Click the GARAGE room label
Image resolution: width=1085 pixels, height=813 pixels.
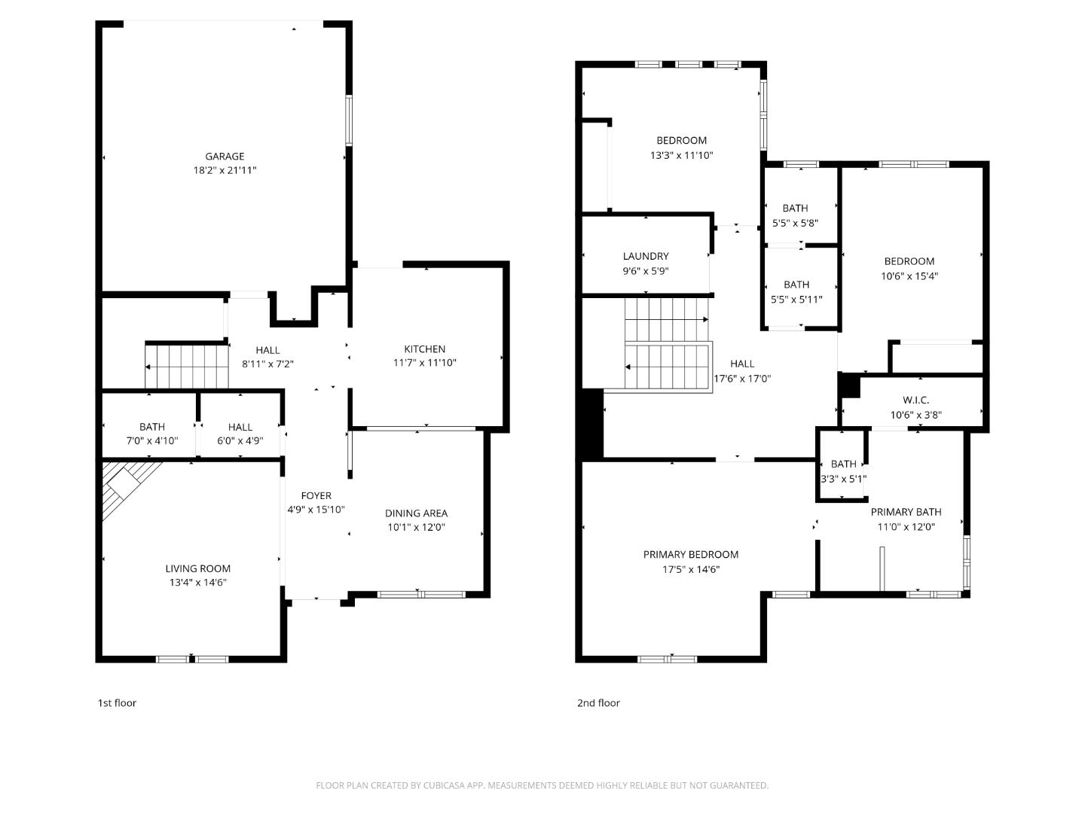point(225,157)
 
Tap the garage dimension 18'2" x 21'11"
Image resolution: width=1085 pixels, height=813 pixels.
point(225,171)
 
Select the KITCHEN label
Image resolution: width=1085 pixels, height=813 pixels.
point(424,349)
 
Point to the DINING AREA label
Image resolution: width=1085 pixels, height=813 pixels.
point(416,513)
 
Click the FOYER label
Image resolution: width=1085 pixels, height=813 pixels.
point(316,495)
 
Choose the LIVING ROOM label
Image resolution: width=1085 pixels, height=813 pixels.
point(197,568)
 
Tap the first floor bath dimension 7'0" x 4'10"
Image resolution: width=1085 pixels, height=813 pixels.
point(151,440)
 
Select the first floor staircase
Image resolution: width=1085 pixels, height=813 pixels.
point(187,367)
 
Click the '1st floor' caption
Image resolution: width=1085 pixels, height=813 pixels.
point(117,703)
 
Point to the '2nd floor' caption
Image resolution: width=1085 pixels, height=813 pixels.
point(598,703)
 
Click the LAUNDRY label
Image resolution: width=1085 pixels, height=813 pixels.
point(645,256)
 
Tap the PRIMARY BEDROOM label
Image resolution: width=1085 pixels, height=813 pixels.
point(690,554)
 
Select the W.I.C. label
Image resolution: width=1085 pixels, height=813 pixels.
point(915,400)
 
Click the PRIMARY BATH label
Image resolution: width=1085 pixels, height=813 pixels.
point(906,512)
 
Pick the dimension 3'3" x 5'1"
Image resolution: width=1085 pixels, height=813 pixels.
point(843,479)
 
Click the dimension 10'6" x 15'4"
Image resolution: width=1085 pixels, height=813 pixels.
point(909,276)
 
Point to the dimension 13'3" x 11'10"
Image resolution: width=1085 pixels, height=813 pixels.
point(681,156)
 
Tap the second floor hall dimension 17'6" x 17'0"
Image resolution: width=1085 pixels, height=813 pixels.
point(742,379)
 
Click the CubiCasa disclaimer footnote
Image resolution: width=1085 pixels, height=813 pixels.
point(542,785)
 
